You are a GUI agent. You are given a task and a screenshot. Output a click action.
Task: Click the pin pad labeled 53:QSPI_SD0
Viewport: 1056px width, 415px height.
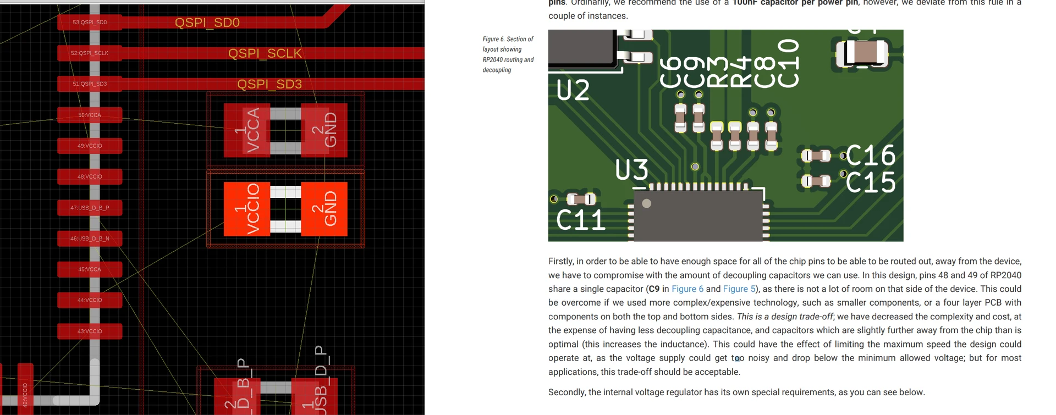click(x=90, y=23)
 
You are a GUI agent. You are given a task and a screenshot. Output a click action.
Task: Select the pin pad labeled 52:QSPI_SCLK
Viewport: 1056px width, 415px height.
click(x=90, y=53)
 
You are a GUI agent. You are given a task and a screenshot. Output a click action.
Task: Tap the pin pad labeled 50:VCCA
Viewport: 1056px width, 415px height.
click(x=90, y=115)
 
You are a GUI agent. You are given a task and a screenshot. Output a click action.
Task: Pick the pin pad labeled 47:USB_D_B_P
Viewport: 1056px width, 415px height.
click(x=90, y=208)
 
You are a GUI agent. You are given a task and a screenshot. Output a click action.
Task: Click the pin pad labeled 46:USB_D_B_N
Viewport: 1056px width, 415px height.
click(x=90, y=239)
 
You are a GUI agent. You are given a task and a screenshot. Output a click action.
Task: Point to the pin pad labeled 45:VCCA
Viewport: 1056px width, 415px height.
click(x=90, y=269)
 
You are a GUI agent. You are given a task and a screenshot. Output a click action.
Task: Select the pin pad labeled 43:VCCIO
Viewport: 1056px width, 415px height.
click(x=90, y=331)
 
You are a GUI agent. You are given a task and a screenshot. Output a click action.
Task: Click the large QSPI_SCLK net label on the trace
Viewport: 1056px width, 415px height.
click(x=265, y=53)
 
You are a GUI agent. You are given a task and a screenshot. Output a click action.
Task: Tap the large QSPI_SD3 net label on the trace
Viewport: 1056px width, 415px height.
click(x=269, y=84)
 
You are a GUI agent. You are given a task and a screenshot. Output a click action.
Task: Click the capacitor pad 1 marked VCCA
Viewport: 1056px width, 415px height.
click(x=247, y=130)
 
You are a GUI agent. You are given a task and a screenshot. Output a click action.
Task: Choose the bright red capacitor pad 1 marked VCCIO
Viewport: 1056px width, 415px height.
click(x=247, y=209)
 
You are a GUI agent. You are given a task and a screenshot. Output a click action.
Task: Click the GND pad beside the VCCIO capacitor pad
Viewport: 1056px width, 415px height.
click(x=324, y=209)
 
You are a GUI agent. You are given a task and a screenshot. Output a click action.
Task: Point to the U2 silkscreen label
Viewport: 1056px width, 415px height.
click(x=573, y=90)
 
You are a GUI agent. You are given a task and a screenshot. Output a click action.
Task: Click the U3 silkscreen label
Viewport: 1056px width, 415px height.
click(x=631, y=170)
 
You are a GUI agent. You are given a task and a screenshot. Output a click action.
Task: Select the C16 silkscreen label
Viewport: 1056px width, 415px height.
click(x=871, y=156)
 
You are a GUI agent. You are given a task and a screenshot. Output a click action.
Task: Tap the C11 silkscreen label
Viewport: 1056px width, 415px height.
click(x=581, y=220)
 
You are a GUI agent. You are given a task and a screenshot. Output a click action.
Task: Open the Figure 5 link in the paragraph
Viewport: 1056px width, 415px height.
click(x=739, y=289)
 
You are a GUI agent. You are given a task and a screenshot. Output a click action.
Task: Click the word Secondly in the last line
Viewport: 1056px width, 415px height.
click(x=567, y=392)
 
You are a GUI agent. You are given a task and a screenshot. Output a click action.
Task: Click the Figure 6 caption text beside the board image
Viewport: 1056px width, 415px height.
click(x=508, y=54)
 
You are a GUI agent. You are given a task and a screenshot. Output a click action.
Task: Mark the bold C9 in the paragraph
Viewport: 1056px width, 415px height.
click(x=653, y=289)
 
